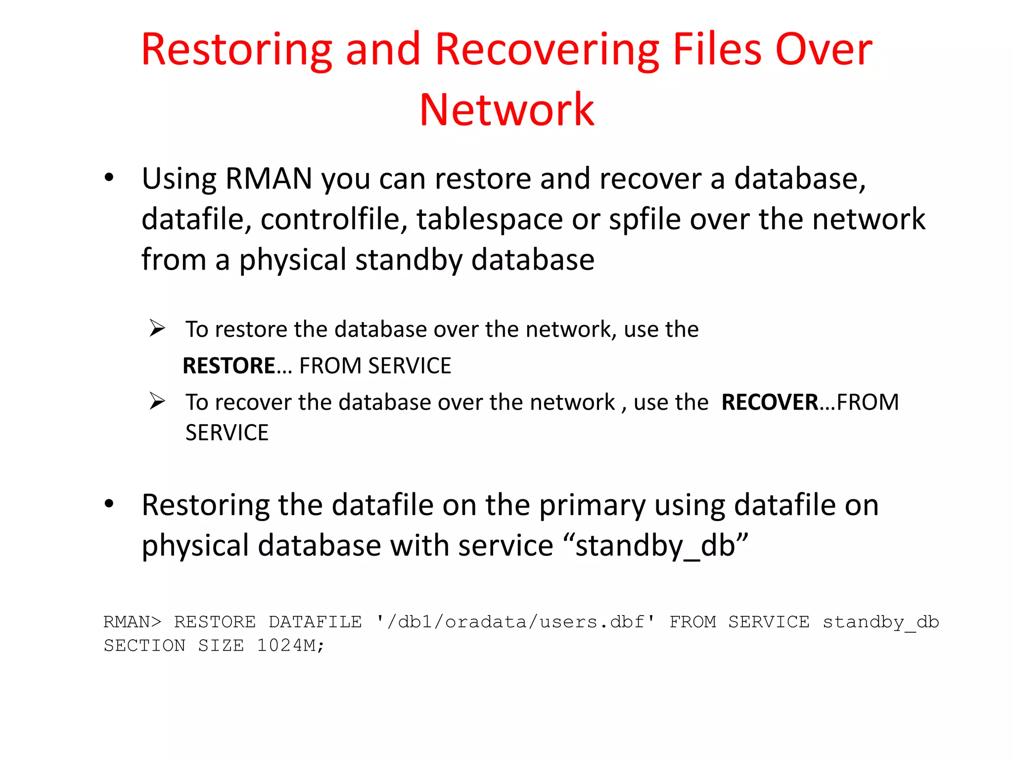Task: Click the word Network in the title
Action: [x=506, y=110]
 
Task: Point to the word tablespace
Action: [x=489, y=219]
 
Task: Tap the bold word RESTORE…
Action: [x=237, y=366]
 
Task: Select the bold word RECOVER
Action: [x=770, y=402]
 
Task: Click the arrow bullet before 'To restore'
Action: [x=157, y=329]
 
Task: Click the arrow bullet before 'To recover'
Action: [x=157, y=401]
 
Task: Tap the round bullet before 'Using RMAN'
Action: [x=109, y=178]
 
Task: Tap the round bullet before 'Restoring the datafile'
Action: [x=109, y=504]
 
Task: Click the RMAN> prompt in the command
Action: [x=132, y=622]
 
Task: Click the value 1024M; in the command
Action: [x=290, y=646]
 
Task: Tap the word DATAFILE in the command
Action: [x=315, y=622]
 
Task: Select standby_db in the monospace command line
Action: [x=880, y=622]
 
